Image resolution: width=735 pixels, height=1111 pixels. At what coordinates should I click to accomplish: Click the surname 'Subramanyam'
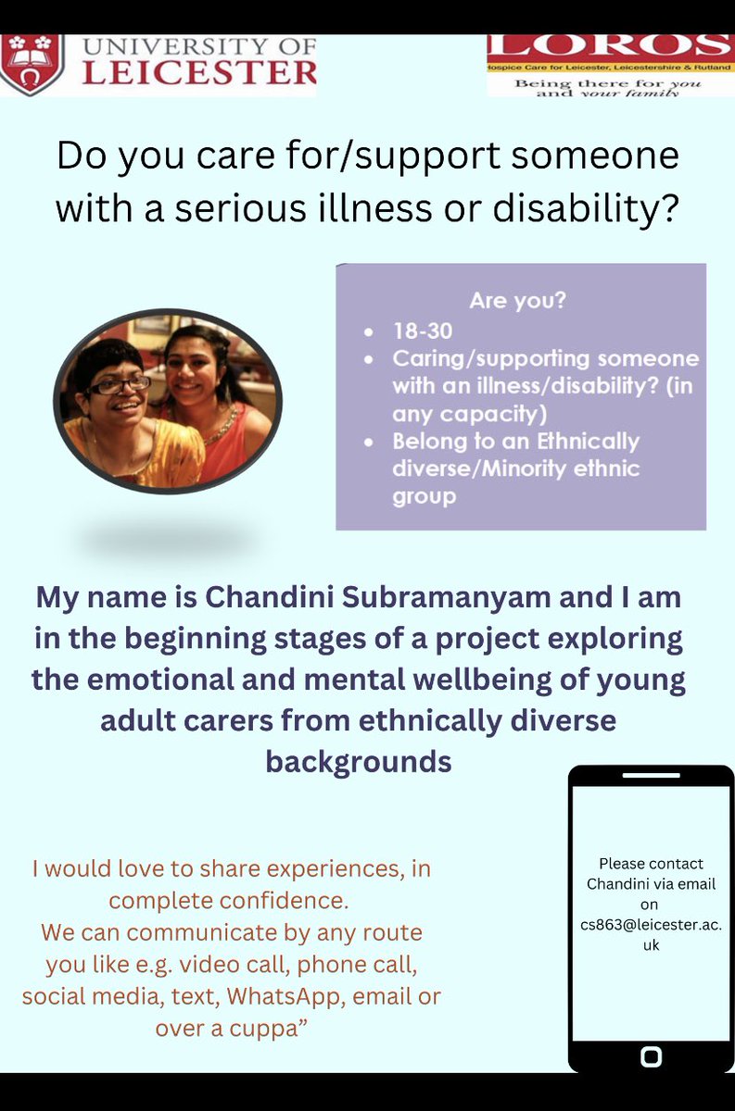[x=449, y=597]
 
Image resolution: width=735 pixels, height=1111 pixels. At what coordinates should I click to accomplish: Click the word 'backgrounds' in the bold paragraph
[x=359, y=761]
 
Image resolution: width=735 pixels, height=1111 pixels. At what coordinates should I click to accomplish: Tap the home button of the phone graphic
[x=651, y=1055]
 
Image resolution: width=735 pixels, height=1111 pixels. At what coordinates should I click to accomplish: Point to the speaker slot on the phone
[x=651, y=775]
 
